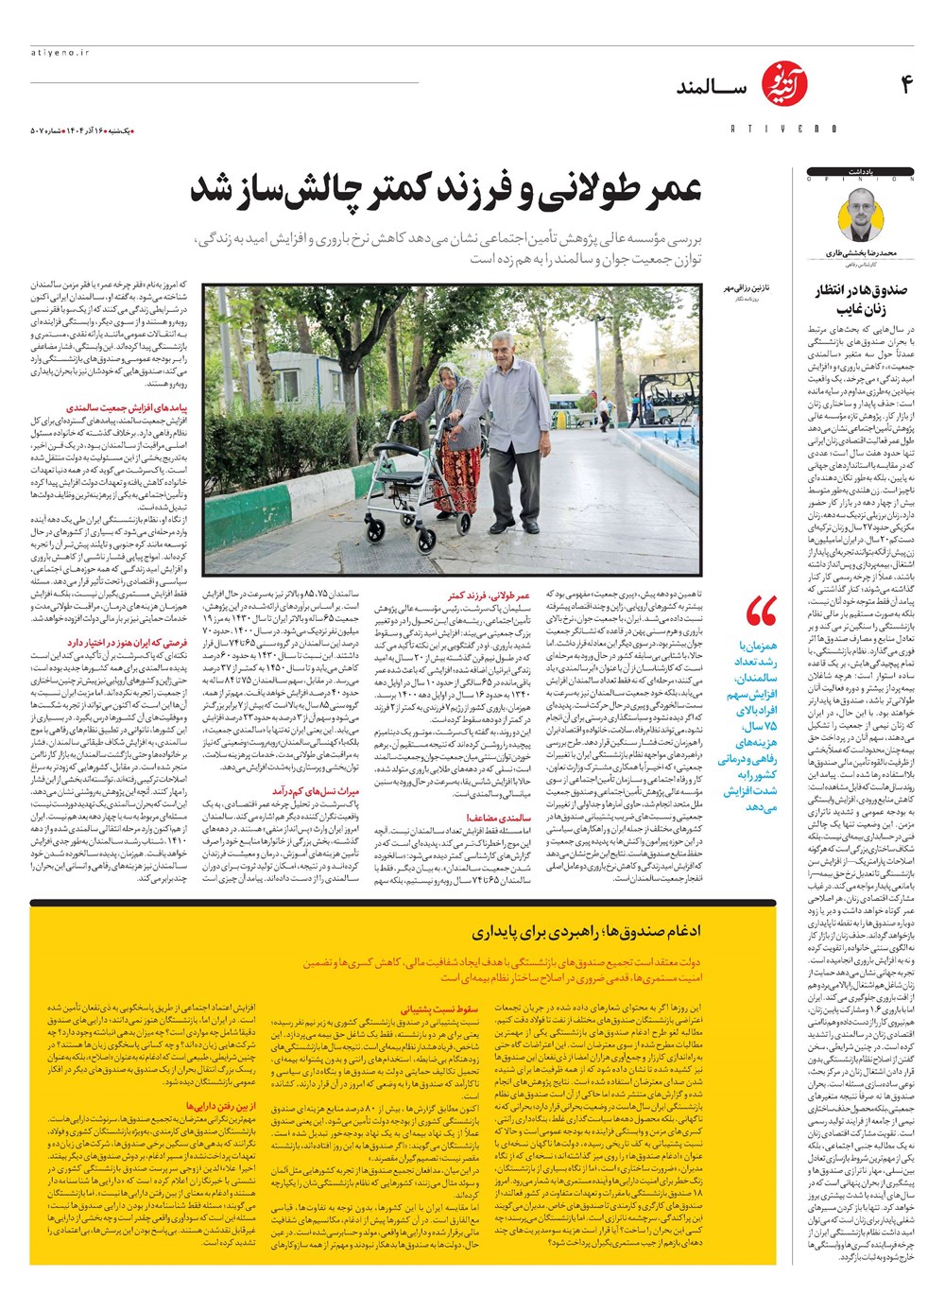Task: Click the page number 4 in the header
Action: click(x=904, y=86)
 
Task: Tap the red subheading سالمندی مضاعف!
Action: click(x=499, y=818)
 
